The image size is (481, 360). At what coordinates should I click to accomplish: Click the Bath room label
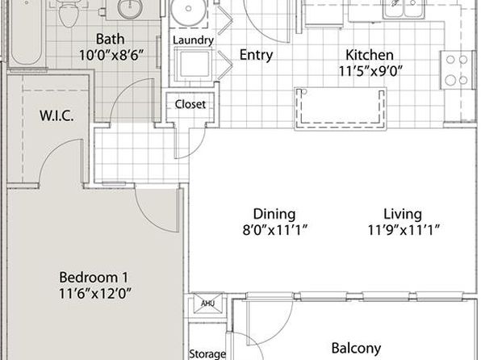coord(111,40)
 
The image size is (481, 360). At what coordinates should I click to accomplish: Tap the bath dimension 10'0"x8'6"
coord(111,56)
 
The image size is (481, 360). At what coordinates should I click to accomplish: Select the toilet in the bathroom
coord(67,13)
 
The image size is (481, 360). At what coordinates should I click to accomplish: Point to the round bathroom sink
coord(130,8)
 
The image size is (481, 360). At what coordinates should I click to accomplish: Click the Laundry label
coord(193,40)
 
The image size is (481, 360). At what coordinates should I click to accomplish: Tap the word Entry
coord(256,55)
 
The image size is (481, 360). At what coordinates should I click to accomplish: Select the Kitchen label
coord(370,55)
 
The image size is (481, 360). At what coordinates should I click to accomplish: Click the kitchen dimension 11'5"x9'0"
coord(370,71)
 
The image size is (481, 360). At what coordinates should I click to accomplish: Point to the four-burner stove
coord(457,70)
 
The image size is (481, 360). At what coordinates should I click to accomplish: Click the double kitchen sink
coord(404,9)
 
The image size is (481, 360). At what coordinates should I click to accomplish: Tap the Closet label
coord(190,104)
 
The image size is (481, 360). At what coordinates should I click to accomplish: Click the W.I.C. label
coord(56,115)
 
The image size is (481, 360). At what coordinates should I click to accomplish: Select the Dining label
coord(274,215)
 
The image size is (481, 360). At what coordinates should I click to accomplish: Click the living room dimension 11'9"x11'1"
coord(404,230)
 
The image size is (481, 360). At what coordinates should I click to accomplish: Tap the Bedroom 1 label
coord(94,278)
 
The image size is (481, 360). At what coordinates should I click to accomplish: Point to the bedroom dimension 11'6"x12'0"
coord(94,293)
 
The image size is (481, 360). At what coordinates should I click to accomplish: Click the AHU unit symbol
coord(207,303)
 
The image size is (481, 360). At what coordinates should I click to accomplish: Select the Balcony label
coord(356,349)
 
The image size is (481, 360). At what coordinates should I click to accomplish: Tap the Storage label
coord(207,354)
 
